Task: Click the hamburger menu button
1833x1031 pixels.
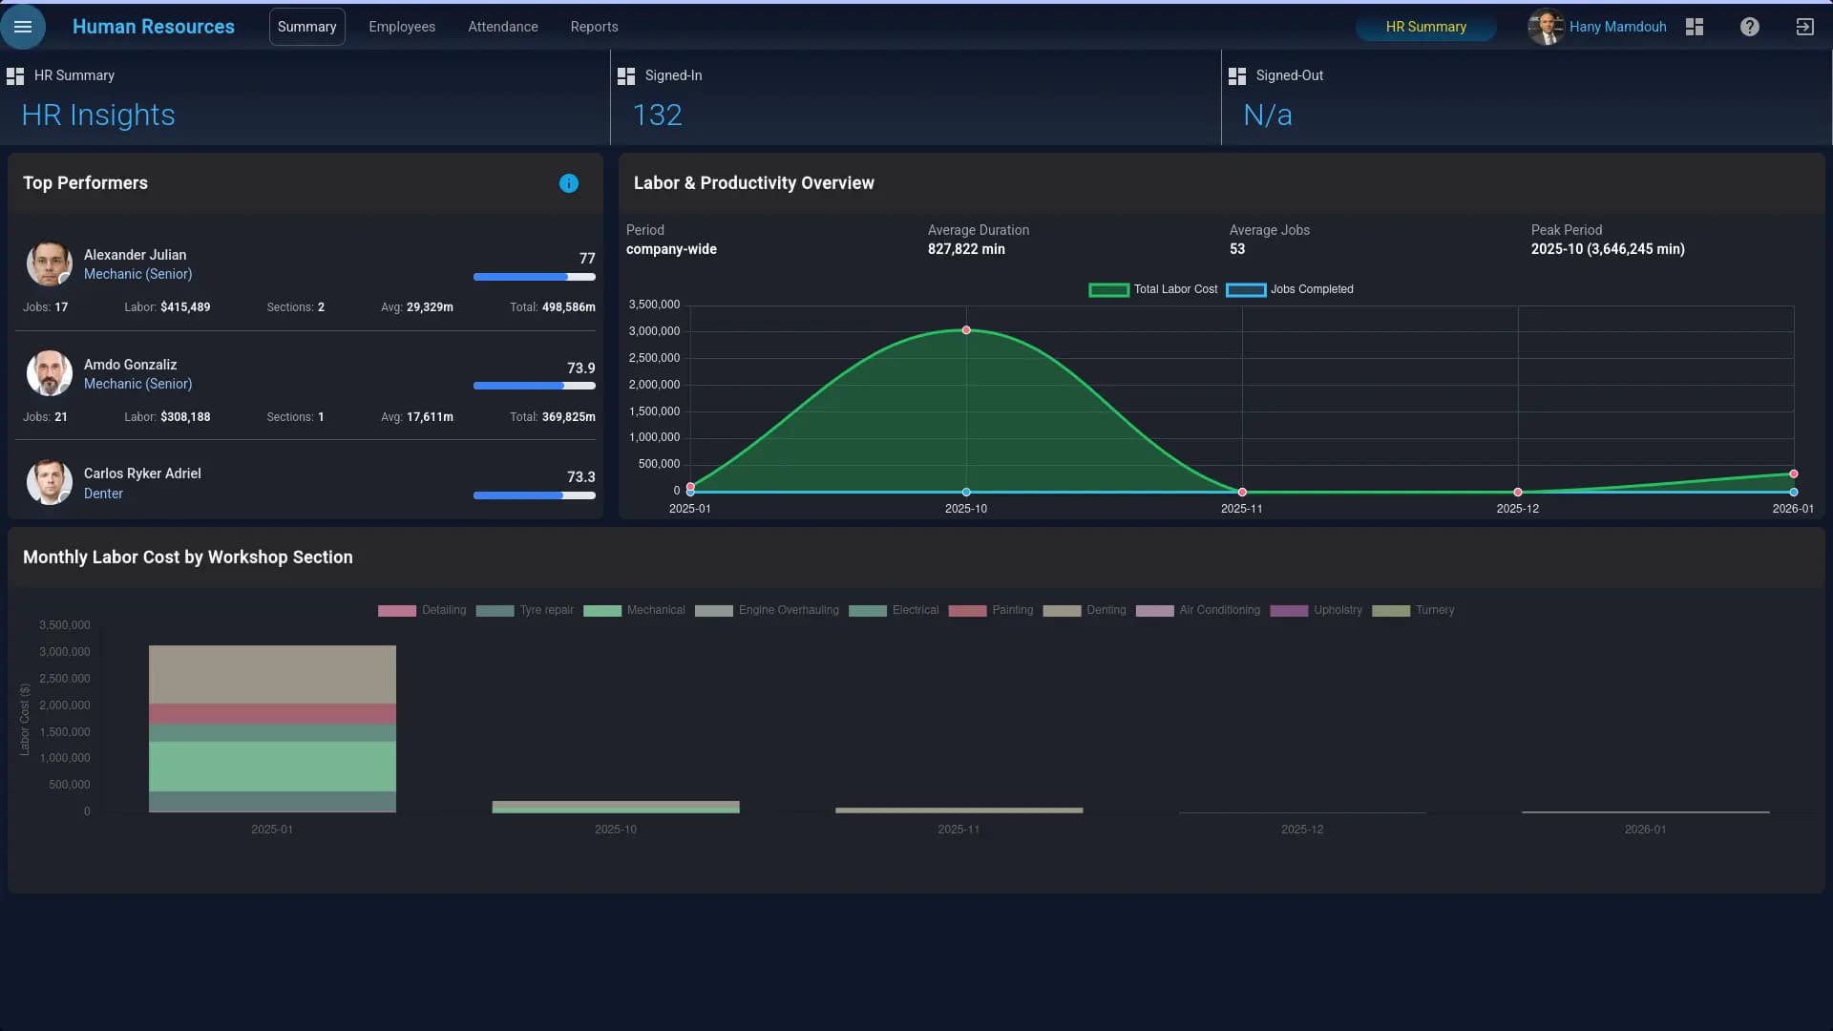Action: pyautogui.click(x=23, y=27)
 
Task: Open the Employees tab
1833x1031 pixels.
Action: pyautogui.click(x=402, y=27)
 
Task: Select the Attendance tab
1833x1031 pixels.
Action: pyautogui.click(x=503, y=27)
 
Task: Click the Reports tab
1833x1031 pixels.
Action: pyautogui.click(x=594, y=27)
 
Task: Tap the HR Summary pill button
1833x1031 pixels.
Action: pyautogui.click(x=1425, y=27)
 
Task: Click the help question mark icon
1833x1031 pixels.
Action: pyautogui.click(x=1749, y=27)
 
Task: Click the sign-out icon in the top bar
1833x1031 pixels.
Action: pyautogui.click(x=1804, y=27)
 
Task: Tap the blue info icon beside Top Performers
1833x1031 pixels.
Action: pyautogui.click(x=569, y=183)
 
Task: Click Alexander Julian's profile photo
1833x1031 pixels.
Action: pyautogui.click(x=49, y=263)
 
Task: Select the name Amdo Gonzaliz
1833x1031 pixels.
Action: pyautogui.click(x=130, y=365)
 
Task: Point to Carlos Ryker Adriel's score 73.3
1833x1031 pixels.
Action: pyautogui.click(x=580, y=477)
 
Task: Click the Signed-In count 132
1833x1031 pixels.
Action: pyautogui.click(x=658, y=116)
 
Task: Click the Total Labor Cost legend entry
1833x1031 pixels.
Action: pyautogui.click(x=1153, y=289)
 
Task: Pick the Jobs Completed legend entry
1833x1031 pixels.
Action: pyautogui.click(x=1290, y=289)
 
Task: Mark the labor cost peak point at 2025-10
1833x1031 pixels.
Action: pyautogui.click(x=966, y=330)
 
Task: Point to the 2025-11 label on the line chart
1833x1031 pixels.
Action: pyautogui.click(x=1241, y=509)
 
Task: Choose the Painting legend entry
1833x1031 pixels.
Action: pyautogui.click(x=991, y=610)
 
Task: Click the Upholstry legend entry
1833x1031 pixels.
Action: pyautogui.click(x=1316, y=610)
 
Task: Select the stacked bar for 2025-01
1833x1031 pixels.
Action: pyautogui.click(x=272, y=728)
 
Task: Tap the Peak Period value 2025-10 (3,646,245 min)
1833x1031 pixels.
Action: pyautogui.click(x=1608, y=249)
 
